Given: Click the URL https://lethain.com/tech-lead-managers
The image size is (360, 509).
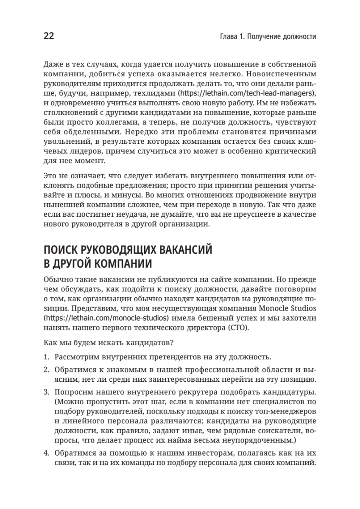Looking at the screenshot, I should pyautogui.click(x=247, y=93).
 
